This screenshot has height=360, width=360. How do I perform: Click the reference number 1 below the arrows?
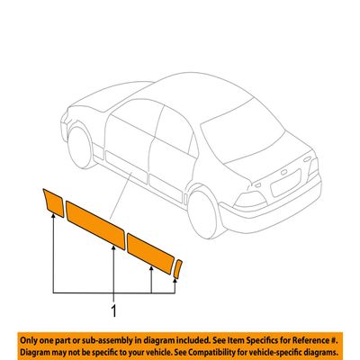pyautogui.click(x=113, y=311)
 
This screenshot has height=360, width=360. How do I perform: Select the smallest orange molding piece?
pyautogui.click(x=178, y=269)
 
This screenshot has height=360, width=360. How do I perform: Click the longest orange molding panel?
pyautogui.click(x=95, y=225)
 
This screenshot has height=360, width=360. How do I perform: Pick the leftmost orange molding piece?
pyautogui.click(x=53, y=202)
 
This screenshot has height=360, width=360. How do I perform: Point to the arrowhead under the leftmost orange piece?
pyautogui.click(x=53, y=215)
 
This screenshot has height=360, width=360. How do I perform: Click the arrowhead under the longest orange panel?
pyautogui.click(x=113, y=247)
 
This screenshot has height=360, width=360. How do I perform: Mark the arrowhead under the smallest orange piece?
pyautogui.click(x=175, y=281)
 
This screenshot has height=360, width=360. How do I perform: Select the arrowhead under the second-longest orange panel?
pyautogui.click(x=151, y=268)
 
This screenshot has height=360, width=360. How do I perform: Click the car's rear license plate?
pyautogui.click(x=285, y=183)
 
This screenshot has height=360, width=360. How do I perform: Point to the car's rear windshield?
pyautogui.click(x=242, y=131)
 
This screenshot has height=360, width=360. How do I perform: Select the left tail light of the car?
pyautogui.click(x=250, y=200)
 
